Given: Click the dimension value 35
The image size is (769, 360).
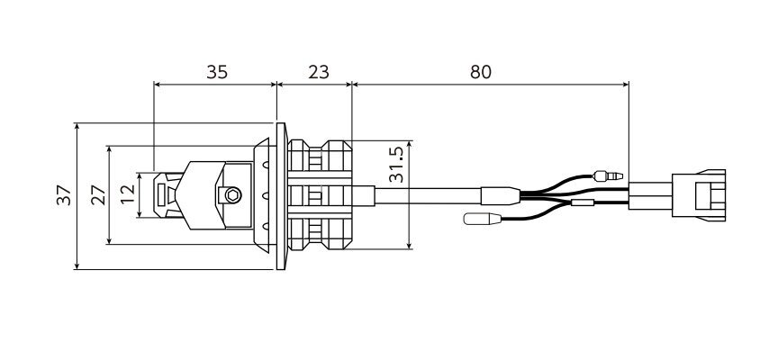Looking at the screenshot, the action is tap(217, 72).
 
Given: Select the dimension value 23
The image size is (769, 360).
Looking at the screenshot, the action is tap(319, 72).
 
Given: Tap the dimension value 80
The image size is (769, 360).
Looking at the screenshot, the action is tap(481, 72).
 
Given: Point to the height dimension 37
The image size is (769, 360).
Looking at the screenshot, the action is tap(64, 195).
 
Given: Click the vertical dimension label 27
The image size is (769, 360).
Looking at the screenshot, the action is tap(98, 194).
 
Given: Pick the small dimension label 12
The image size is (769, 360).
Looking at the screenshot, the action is tap(127, 194).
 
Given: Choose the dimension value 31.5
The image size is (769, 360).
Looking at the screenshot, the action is tap(395, 165).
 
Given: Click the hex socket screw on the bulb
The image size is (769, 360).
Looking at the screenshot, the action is tap(233, 194).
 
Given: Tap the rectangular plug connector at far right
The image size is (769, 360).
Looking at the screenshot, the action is tap(699, 195).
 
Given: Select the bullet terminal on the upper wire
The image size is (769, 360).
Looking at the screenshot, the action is tap(608, 175).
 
